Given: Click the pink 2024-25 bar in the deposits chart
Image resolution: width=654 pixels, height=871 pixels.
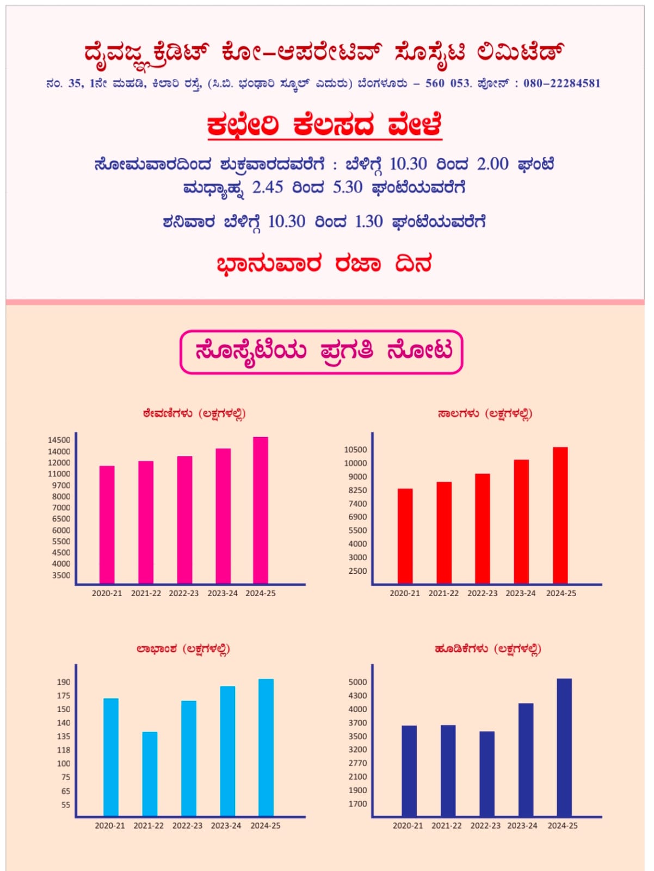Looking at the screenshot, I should [261, 510].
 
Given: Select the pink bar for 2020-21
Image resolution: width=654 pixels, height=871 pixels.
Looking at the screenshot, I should [107, 525].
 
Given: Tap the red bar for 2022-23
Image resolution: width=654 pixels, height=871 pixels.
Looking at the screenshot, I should [482, 529].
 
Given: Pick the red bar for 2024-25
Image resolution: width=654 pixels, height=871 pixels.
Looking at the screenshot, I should [560, 515].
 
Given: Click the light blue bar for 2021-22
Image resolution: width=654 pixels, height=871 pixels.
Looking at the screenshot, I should [150, 774].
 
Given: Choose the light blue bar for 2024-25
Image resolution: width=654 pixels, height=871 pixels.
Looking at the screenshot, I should [266, 747].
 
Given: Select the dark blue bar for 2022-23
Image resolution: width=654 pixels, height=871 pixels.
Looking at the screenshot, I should [487, 774].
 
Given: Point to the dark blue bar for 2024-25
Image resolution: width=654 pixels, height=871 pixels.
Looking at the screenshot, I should [564, 747].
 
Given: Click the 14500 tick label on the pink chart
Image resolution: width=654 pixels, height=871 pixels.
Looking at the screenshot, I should [59, 440].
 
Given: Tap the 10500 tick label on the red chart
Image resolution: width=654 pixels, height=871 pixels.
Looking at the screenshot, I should [355, 450].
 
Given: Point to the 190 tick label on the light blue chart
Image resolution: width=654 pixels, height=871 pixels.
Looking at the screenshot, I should [64, 682].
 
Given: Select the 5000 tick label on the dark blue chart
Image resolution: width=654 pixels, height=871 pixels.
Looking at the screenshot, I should [357, 682].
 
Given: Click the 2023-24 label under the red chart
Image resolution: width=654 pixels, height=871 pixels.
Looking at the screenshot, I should [521, 593].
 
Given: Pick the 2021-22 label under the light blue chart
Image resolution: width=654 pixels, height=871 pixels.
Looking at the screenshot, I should [149, 826].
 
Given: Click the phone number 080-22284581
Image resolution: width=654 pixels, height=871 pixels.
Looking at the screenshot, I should [562, 83].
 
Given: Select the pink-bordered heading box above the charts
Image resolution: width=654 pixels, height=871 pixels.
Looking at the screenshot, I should [321, 352].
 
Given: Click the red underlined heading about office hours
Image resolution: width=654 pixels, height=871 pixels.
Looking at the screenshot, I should [324, 126].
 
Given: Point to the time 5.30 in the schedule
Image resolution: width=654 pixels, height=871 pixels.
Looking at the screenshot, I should [347, 187].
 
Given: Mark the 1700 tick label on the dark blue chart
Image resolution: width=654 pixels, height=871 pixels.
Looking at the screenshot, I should [357, 803].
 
